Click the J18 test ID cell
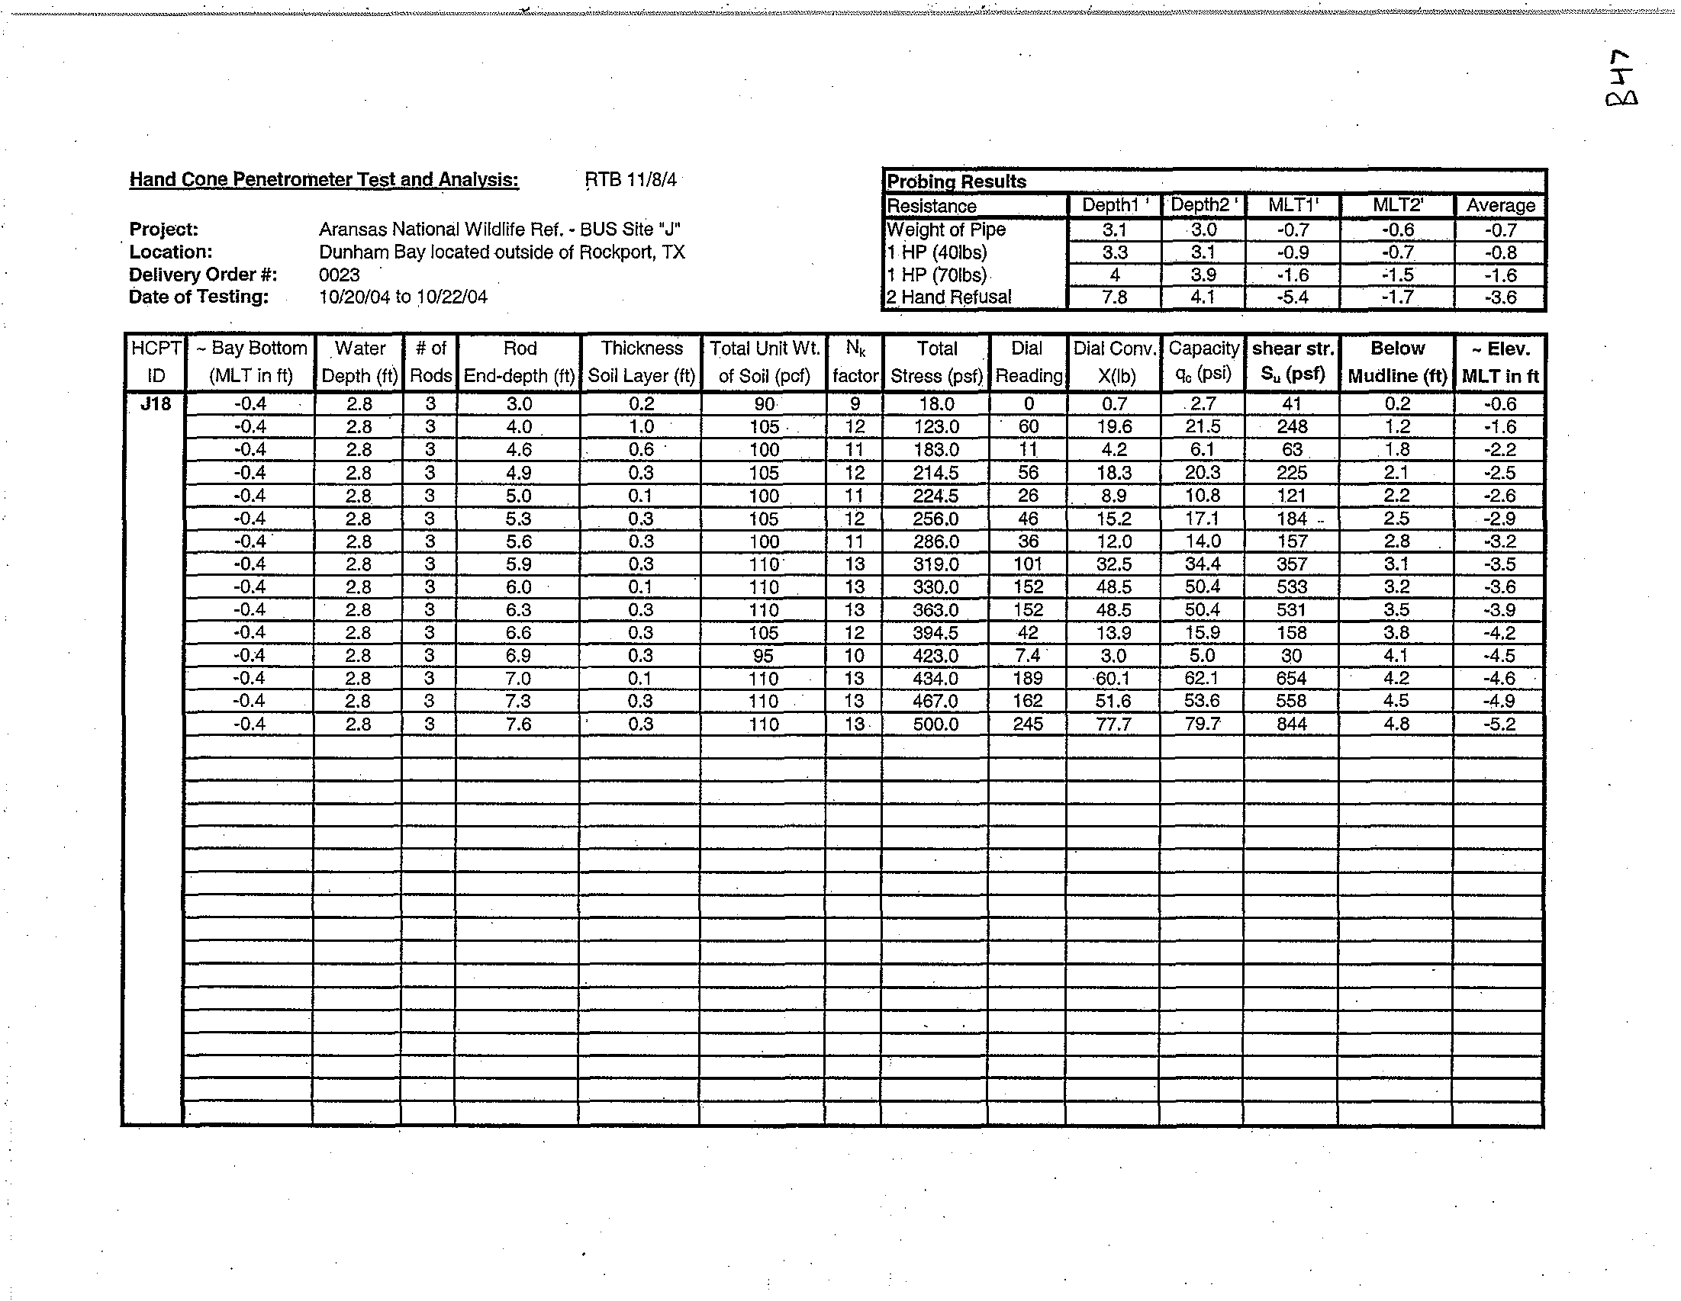pyautogui.click(x=155, y=403)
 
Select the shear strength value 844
pyautogui.click(x=1292, y=724)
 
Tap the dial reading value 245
pyautogui.click(x=1028, y=724)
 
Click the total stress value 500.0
pyautogui.click(x=936, y=724)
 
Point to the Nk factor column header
pyautogui.click(x=855, y=361)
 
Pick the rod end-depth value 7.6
pyautogui.click(x=519, y=724)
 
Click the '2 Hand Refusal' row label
pyautogui.click(x=949, y=297)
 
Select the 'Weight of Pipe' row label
pyautogui.click(x=947, y=230)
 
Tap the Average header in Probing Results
pyautogui.click(x=1500, y=205)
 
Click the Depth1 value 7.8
pyautogui.click(x=1115, y=297)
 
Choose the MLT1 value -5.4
pyautogui.click(x=1293, y=297)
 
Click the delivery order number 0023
pyautogui.click(x=340, y=275)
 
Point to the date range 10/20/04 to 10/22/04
pyautogui.click(x=404, y=297)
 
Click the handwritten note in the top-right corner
pyautogui.click(x=1620, y=79)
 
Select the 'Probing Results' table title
pyautogui.click(x=957, y=181)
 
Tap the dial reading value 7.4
pyautogui.click(x=1028, y=656)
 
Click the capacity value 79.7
pyautogui.click(x=1203, y=724)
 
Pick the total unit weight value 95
pyautogui.click(x=764, y=656)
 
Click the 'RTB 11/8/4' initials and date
pyautogui.click(x=630, y=179)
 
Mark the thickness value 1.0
pyautogui.click(x=641, y=426)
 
